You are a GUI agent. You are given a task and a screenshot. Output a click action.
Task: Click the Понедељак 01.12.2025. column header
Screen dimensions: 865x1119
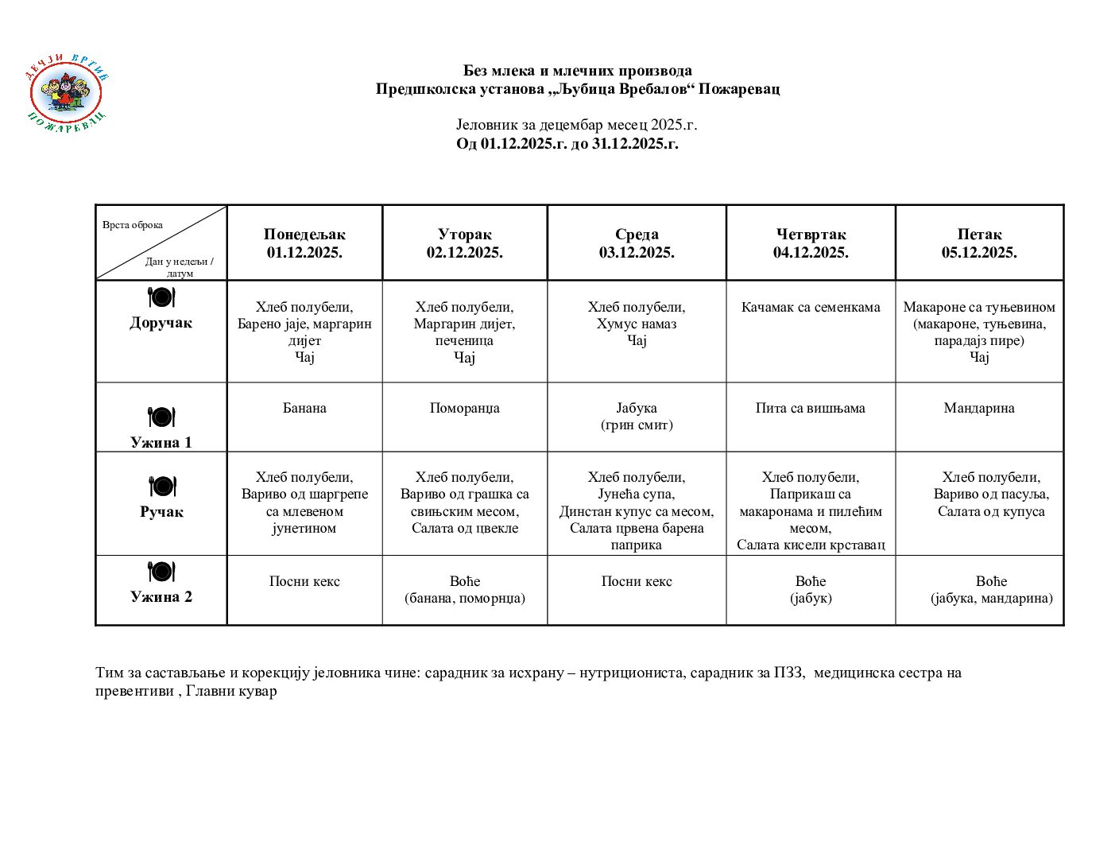(x=304, y=243)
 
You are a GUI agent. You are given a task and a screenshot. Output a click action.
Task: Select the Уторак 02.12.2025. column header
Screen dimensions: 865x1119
(x=464, y=243)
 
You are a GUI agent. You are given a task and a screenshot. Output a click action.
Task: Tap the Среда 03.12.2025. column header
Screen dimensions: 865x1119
(x=637, y=243)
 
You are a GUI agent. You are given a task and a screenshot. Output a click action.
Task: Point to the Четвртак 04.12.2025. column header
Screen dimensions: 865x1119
(x=811, y=243)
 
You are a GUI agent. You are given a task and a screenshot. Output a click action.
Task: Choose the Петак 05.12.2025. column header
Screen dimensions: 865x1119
(x=979, y=243)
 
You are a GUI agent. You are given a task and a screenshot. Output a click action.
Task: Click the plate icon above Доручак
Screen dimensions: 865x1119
(x=161, y=297)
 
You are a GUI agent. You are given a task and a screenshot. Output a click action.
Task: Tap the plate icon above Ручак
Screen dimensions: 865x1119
(x=161, y=486)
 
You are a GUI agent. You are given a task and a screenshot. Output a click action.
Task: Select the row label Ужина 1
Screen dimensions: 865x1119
(x=161, y=443)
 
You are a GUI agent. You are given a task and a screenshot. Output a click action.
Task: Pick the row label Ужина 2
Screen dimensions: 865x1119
(x=161, y=597)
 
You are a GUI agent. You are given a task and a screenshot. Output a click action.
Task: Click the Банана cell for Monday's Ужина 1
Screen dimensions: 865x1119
(x=304, y=409)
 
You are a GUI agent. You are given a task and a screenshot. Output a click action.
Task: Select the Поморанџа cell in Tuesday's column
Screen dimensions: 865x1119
(x=464, y=409)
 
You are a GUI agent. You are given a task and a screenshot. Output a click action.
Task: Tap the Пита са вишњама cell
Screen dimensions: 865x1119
(x=810, y=409)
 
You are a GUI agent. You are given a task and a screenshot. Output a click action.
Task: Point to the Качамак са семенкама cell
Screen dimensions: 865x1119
(x=811, y=308)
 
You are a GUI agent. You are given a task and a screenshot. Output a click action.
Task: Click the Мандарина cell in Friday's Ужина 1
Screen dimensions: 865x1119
(x=979, y=409)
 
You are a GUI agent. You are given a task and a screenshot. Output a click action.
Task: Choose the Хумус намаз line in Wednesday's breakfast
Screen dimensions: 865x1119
(x=637, y=324)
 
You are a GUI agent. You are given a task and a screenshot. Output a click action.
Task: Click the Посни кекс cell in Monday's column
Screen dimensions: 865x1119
(x=304, y=582)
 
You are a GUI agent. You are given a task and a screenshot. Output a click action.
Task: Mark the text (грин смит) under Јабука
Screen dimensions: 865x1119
(x=637, y=425)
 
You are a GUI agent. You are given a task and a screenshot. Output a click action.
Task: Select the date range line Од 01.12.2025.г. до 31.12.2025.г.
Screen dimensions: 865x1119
(x=567, y=144)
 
